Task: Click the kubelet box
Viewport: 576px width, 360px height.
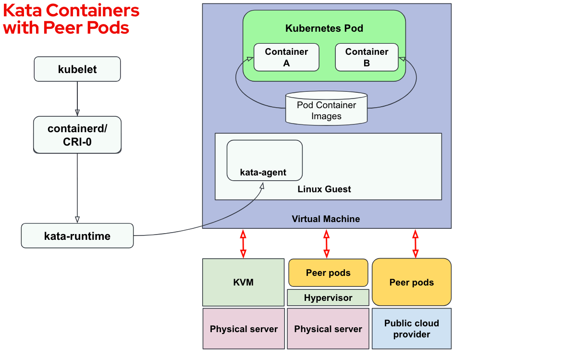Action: (77, 69)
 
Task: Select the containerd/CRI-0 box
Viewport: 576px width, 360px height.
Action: (77, 135)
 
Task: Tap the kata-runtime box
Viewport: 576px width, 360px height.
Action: (77, 236)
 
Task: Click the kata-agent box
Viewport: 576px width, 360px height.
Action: (264, 160)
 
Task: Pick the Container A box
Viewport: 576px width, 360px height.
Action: (286, 57)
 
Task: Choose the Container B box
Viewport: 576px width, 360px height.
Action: (367, 57)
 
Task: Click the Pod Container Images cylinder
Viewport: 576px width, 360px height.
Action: (326, 109)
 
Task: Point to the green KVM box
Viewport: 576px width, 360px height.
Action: (243, 282)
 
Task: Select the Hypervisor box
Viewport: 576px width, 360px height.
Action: (328, 298)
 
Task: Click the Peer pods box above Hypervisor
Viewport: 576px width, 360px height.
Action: (328, 273)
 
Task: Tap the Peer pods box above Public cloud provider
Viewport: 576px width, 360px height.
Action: (412, 282)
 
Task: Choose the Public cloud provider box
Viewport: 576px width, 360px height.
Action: (412, 329)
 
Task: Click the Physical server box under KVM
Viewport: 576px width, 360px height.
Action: (244, 329)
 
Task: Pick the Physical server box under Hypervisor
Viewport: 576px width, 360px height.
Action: (328, 329)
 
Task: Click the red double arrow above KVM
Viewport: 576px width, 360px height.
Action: (243, 244)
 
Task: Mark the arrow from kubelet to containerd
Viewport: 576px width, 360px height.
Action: (77, 99)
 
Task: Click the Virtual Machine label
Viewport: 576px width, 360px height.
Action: (326, 219)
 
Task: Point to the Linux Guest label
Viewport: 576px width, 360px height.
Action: (324, 189)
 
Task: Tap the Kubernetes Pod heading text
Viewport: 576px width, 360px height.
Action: (324, 28)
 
